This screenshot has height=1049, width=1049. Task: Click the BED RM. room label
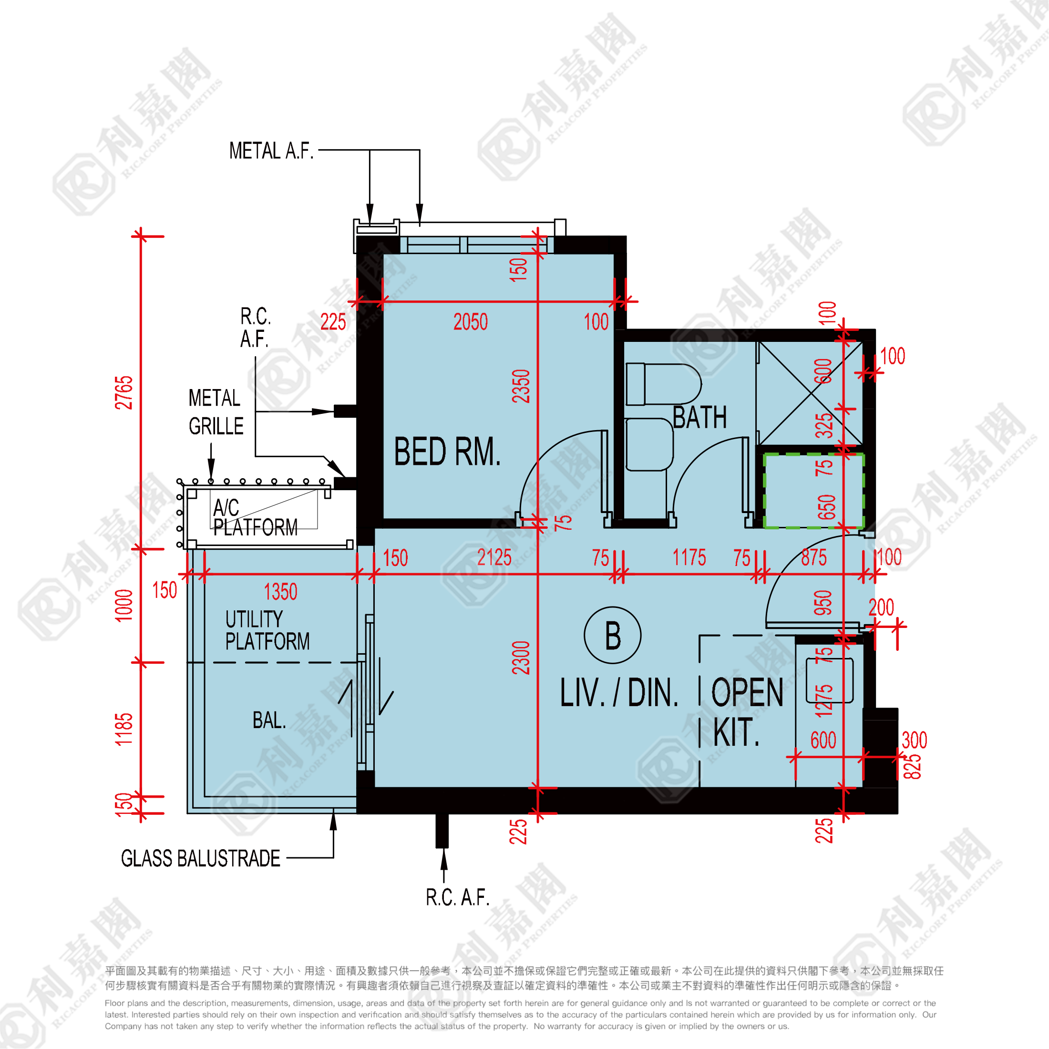[447, 452]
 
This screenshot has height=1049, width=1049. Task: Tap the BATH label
[699, 418]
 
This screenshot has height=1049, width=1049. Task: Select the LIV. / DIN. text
[619, 693]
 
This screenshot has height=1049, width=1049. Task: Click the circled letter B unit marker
[612, 635]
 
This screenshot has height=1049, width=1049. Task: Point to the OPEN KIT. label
[747, 712]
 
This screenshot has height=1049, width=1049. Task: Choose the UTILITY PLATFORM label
[267, 630]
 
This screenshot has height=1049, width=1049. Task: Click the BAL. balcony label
[269, 720]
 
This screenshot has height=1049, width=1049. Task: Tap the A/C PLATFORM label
[255, 517]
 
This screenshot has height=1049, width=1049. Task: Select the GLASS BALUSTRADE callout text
[200, 858]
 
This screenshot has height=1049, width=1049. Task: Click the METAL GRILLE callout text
[216, 412]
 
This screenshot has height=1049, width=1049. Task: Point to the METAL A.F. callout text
[271, 150]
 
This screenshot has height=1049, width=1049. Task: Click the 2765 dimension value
[124, 392]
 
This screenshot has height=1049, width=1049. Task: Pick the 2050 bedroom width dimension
[470, 322]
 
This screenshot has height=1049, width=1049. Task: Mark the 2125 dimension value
[494, 557]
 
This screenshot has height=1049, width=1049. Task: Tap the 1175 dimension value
[689, 557]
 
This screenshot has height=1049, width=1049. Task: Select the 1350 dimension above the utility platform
[280, 592]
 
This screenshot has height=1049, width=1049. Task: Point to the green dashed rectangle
[813, 491]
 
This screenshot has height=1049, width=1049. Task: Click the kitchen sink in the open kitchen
[830, 680]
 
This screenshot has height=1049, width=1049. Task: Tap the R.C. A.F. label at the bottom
[457, 897]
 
